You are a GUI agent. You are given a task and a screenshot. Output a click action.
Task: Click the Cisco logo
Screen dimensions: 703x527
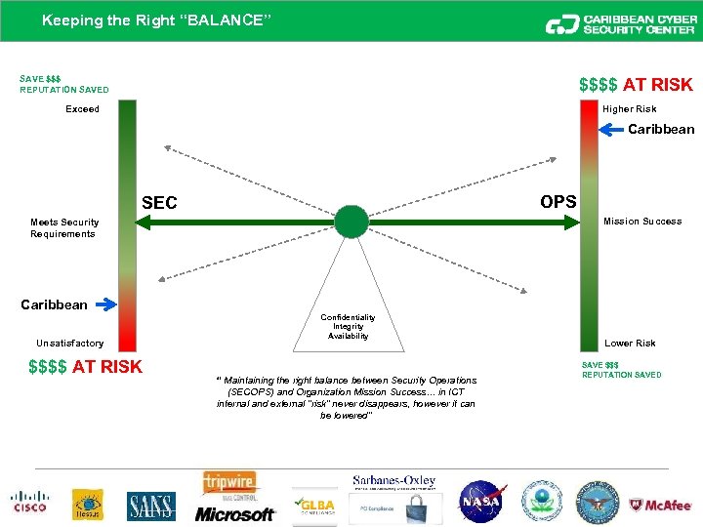(x=29, y=501)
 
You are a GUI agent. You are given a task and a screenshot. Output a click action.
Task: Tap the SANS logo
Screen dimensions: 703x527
(x=151, y=506)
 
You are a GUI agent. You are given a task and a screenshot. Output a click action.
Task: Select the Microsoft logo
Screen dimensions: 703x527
(x=234, y=513)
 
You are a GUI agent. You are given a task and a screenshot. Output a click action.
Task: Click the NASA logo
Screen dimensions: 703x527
(x=480, y=502)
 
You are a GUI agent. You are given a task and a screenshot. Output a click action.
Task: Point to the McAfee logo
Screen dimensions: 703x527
(x=662, y=505)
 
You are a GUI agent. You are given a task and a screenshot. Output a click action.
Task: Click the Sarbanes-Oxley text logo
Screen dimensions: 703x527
(x=394, y=481)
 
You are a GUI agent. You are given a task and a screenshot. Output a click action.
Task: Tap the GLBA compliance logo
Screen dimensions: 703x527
(x=314, y=505)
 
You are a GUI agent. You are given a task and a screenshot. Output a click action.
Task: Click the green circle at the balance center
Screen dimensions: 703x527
(x=351, y=222)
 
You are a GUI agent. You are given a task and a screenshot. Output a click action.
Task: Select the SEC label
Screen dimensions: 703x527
(x=159, y=203)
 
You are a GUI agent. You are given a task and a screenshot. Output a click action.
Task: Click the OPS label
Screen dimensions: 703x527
(x=558, y=201)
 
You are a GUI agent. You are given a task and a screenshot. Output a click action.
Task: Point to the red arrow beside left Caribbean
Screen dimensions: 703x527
(x=104, y=304)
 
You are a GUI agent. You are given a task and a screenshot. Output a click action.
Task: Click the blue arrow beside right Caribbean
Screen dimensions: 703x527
(x=611, y=128)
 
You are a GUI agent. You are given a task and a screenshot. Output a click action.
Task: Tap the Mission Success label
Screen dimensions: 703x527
(x=642, y=222)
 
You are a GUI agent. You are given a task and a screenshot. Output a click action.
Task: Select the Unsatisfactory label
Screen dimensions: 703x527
(x=69, y=344)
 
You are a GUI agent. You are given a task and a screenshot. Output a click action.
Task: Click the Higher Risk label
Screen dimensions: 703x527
(x=629, y=109)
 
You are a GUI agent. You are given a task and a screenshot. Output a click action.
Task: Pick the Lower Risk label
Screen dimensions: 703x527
(x=630, y=344)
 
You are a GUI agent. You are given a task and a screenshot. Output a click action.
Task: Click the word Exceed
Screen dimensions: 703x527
(x=82, y=109)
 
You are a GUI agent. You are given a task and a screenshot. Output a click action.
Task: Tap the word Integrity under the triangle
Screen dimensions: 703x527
(x=349, y=327)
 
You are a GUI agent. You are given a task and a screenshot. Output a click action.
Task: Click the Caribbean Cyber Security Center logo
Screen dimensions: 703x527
(x=619, y=23)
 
